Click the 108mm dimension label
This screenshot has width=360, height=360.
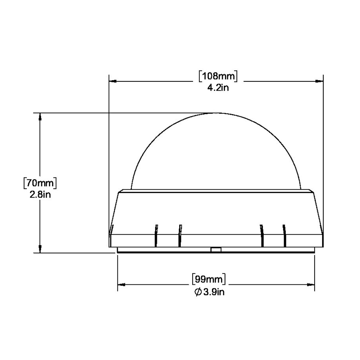218,76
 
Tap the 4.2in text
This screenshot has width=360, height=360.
218,87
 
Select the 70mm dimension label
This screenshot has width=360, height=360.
40,183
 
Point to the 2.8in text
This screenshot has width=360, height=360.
40,195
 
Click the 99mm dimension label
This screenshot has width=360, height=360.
209,279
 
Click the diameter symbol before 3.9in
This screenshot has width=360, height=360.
198,292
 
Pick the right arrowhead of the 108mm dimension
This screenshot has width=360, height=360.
319,81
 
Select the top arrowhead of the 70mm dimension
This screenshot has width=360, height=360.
40,117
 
